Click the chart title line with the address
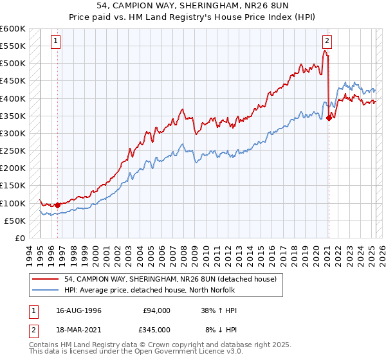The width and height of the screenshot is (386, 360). tap(193, 6)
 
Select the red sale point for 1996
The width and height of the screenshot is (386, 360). tap(57, 205)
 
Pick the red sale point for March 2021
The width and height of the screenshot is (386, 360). tap(329, 118)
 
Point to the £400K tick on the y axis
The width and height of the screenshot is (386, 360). tap(15, 98)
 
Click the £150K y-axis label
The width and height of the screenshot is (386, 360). tap(14, 186)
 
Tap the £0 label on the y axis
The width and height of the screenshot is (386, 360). tap(19, 238)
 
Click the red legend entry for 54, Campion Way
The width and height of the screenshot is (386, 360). tap(170, 279)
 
